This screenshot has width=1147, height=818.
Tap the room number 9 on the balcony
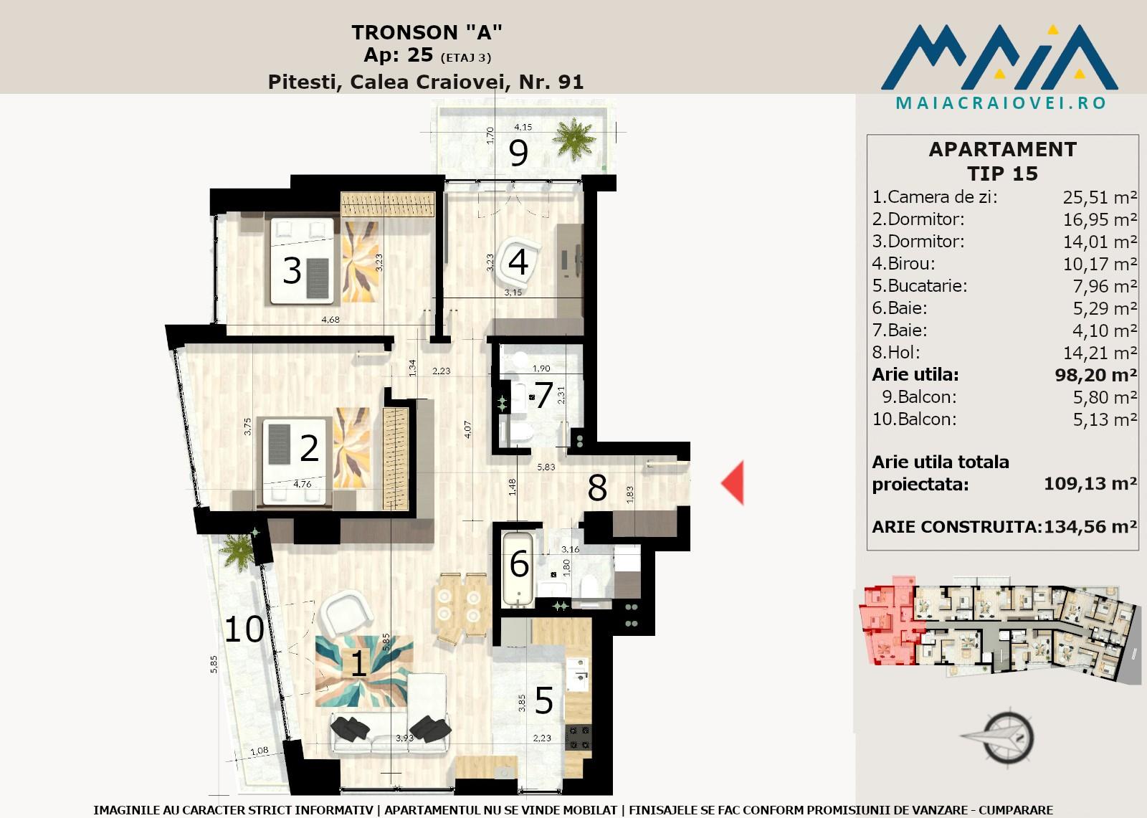coord(518,153)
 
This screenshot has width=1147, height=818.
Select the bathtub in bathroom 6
coord(518,569)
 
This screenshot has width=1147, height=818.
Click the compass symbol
coord(1004,738)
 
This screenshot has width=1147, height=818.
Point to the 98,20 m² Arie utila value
coord(1096,375)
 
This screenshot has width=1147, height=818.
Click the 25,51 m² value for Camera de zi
coord(1100,197)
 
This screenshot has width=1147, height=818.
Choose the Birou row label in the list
coord(904,264)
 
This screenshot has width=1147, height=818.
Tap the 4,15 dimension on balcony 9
coord(523,127)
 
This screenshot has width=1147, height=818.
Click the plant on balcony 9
coord(574,138)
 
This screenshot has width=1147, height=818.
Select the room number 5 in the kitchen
coord(543,700)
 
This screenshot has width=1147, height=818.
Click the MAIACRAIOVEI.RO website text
coord(1001,103)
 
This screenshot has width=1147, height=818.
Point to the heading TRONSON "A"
coord(427,32)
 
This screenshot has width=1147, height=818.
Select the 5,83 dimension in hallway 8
coord(546,467)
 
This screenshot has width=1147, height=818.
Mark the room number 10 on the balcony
coord(244,629)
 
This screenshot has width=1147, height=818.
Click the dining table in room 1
coord(460,605)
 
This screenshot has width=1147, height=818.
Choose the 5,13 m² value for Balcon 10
coord(1105,419)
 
